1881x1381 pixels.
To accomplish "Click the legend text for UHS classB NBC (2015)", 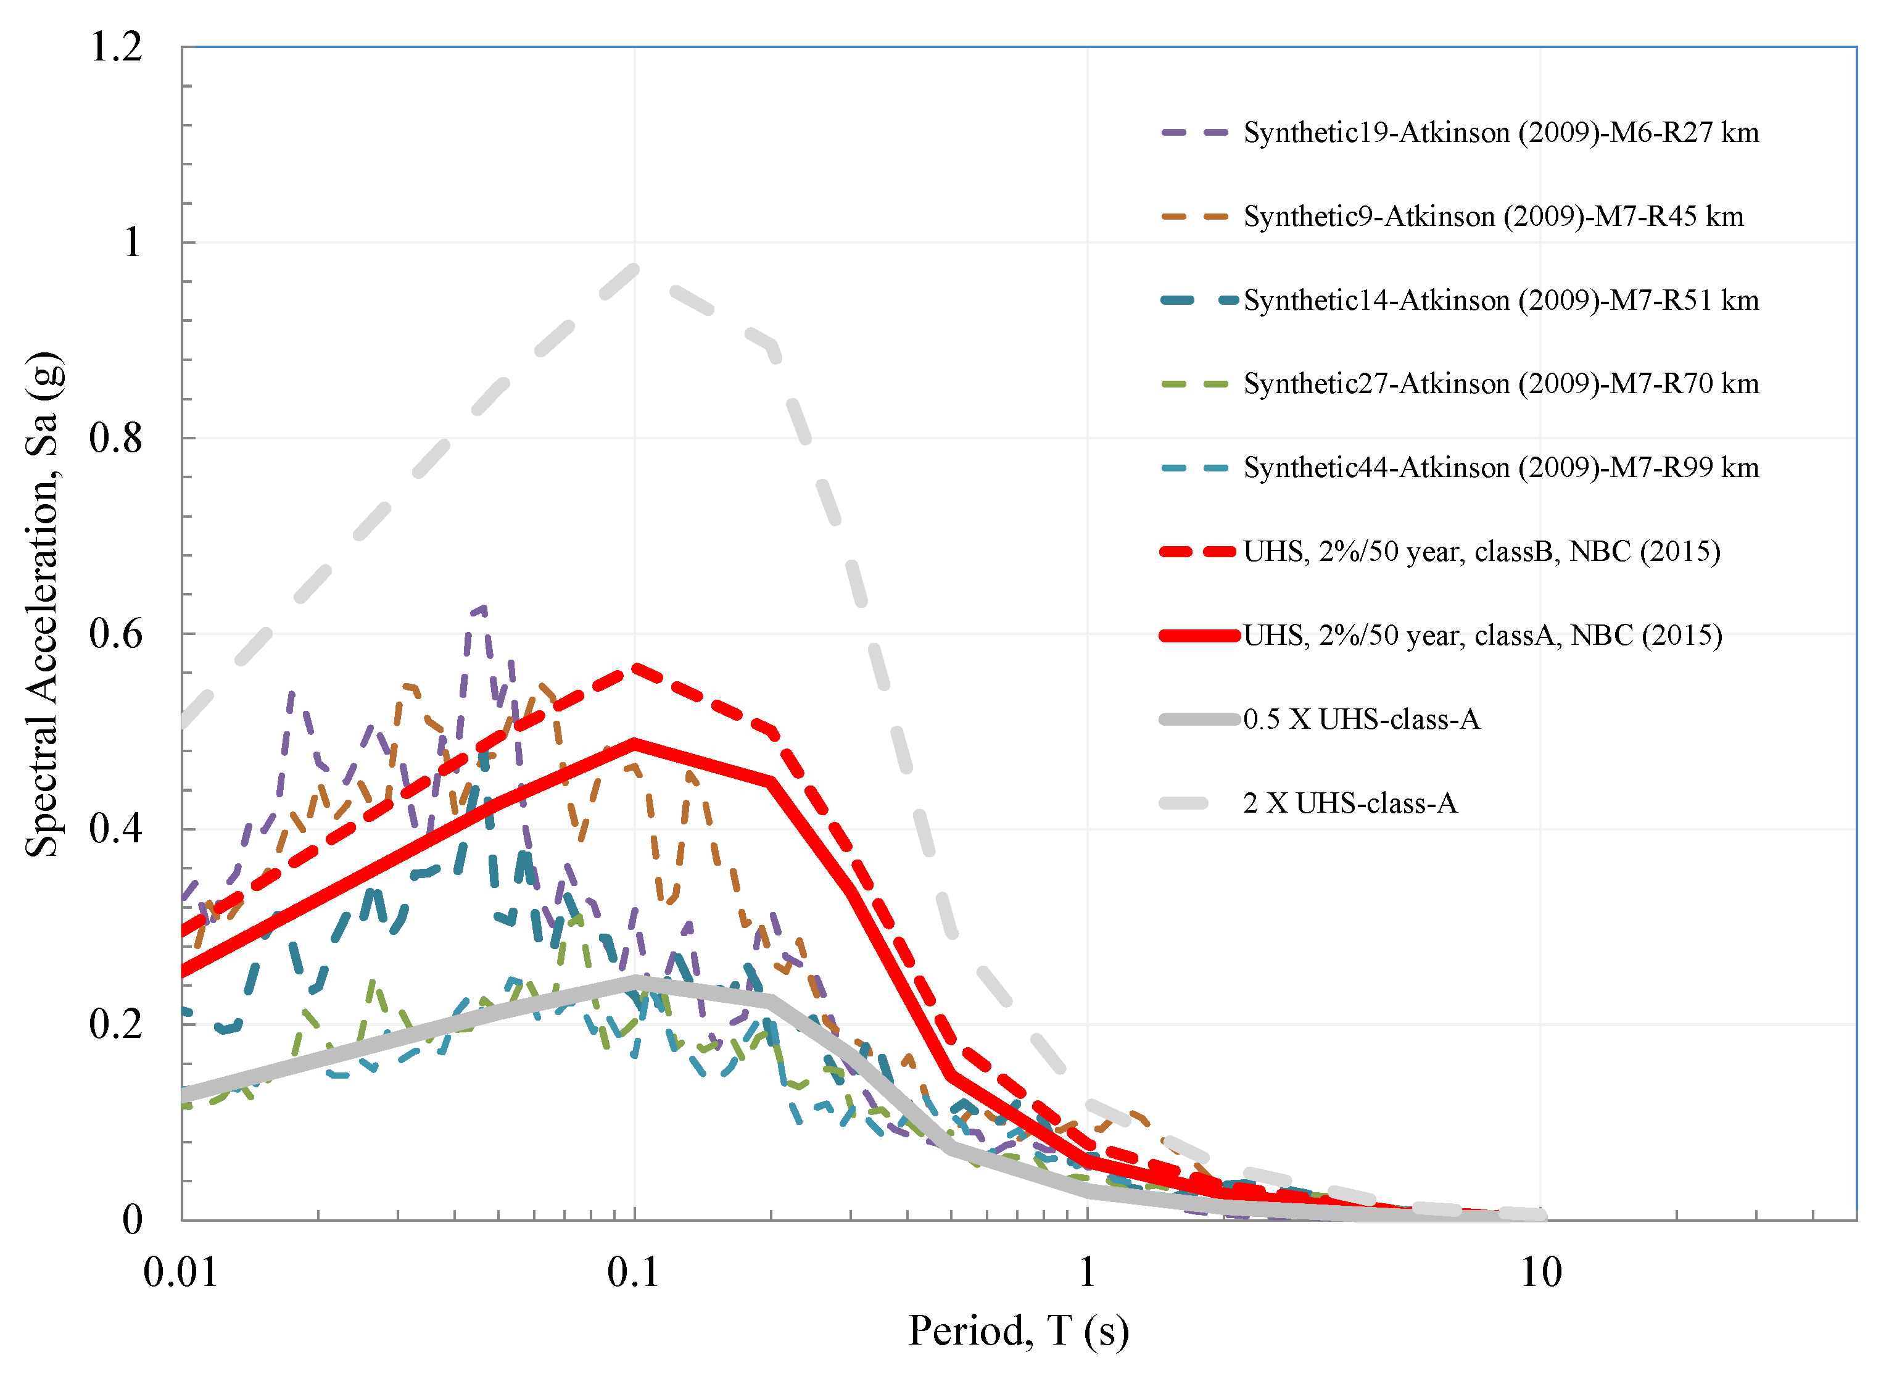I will point(1481,552).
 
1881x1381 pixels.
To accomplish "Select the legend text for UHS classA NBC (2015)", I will point(1482,636).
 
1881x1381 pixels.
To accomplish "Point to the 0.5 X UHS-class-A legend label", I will point(1360,720).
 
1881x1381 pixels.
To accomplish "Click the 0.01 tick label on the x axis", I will point(181,1272).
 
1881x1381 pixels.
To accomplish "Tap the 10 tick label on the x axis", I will point(1539,1272).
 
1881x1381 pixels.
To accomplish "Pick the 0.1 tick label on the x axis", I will point(634,1272).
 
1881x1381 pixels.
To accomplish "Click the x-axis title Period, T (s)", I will point(1018,1331).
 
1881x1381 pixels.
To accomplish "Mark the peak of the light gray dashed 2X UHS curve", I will point(635,269).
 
